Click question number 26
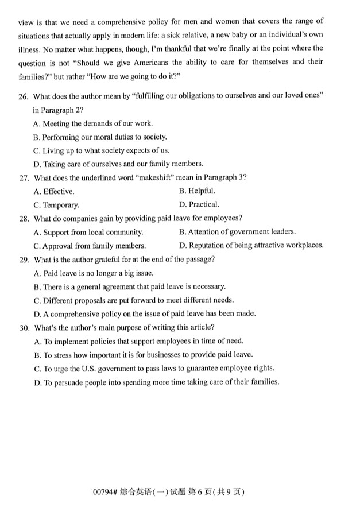pos(23,95)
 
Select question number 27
pos(23,177)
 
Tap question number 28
pos(23,218)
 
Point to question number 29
pos(23,259)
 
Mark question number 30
pos(23,327)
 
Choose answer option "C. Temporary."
pos(56,204)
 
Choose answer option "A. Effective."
pos(54,191)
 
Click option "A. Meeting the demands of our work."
pos(93,123)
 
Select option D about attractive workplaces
pos(251,246)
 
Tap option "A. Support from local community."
pos(88,232)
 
